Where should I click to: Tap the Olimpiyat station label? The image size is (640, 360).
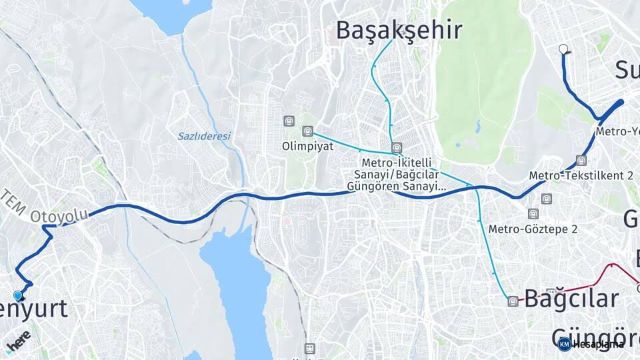pyautogui.click(x=307, y=146)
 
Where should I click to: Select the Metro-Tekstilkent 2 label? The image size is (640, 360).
pyautogui.click(x=581, y=175)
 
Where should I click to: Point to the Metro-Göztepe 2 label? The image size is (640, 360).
pyautogui.click(x=533, y=229)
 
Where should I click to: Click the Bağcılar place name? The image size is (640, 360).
pyautogui.click(x=571, y=299)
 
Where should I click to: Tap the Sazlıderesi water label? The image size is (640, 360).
pyautogui.click(x=203, y=136)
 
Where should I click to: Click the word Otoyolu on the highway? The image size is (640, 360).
pyautogui.click(x=60, y=216)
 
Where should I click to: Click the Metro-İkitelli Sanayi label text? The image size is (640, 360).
pyautogui.click(x=397, y=163)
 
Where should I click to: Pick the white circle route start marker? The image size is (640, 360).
pyautogui.click(x=564, y=49)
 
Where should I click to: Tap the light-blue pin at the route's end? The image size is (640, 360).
pyautogui.click(x=18, y=295)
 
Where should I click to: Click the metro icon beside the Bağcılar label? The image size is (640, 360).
pyautogui.click(x=512, y=301)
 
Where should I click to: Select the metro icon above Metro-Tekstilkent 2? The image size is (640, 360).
pyautogui.click(x=581, y=161)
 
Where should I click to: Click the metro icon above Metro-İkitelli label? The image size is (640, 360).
pyautogui.click(x=397, y=148)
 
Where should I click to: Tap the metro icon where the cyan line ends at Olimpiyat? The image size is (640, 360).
pyautogui.click(x=307, y=131)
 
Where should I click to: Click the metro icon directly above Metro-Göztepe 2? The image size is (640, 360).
pyautogui.click(x=533, y=214)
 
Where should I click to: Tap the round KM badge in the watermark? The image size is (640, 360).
pyautogui.click(x=564, y=345)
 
